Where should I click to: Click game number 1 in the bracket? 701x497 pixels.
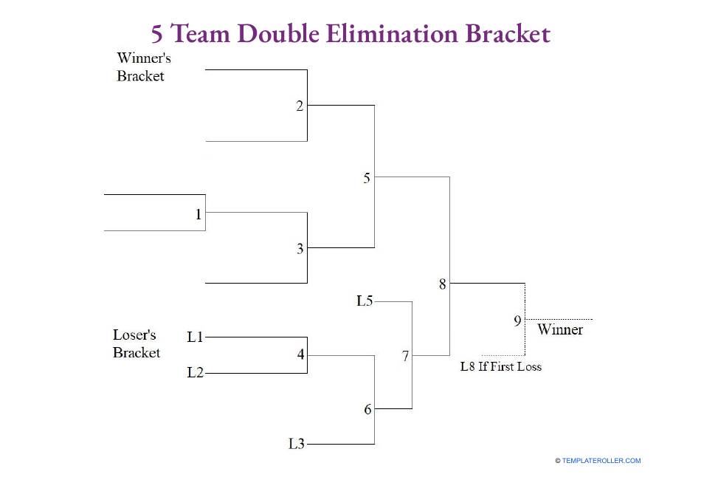[198, 214]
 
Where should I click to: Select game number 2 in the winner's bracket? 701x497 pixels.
[300, 106]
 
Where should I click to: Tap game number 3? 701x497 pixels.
[300, 249]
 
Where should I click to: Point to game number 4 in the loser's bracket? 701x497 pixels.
[300, 354]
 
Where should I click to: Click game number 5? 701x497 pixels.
[367, 177]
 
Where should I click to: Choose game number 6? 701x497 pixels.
[367, 409]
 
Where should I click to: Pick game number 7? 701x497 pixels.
[405, 357]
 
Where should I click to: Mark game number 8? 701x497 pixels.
[443, 284]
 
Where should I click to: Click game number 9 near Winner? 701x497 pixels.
[517, 321]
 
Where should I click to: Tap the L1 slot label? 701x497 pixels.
[195, 337]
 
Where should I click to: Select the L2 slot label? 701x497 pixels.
[195, 372]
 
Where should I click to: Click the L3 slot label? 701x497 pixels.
[296, 444]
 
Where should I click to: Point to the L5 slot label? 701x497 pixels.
[365, 301]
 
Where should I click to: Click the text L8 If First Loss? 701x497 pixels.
[500, 366]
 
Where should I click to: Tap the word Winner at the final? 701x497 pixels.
[560, 329]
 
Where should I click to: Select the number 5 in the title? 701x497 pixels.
[157, 34]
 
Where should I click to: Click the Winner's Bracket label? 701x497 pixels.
[143, 66]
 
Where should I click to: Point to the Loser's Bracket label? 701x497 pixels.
[136, 343]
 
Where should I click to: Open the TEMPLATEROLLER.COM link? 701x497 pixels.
[601, 461]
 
